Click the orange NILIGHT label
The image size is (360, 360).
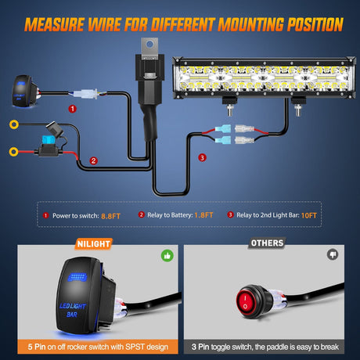pos(93,243)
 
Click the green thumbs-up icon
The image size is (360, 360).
pos(167,255)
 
